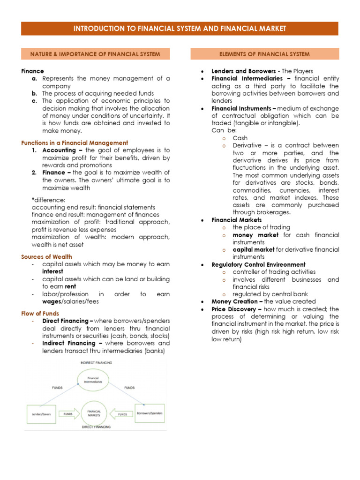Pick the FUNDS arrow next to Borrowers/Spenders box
click(122, 414)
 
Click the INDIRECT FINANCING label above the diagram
click(95, 363)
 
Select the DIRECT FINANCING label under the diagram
click(96, 427)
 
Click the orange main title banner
click(180, 29)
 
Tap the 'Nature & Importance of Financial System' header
click(96, 54)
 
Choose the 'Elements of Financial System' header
click(264, 54)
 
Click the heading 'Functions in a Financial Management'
click(75, 143)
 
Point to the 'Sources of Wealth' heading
click(47, 257)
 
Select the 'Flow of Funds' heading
click(40, 313)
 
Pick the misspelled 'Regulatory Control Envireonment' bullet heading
click(258, 264)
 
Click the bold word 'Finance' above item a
click(32, 71)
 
